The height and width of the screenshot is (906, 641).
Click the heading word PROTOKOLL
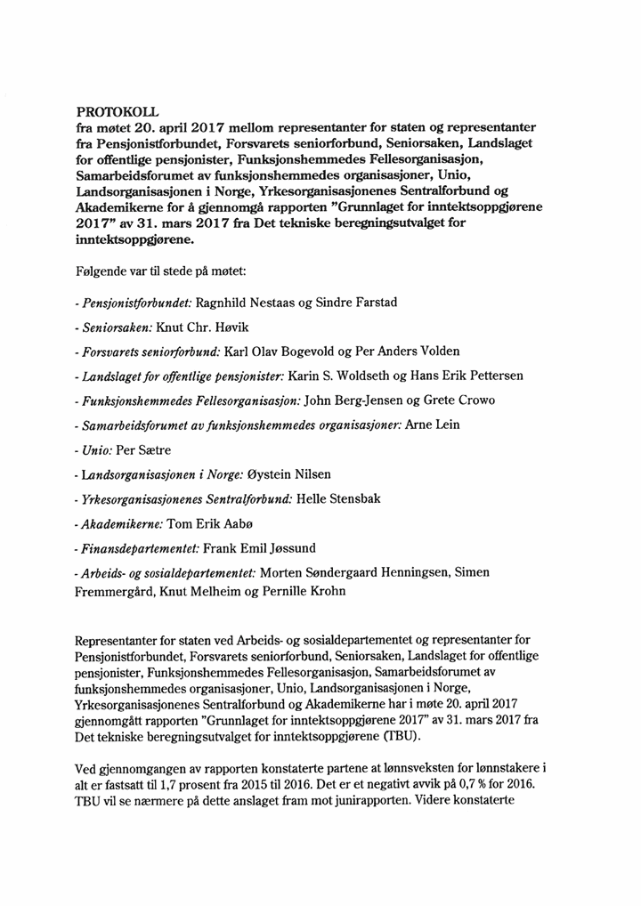click(117, 112)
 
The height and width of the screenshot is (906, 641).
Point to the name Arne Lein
click(432, 425)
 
